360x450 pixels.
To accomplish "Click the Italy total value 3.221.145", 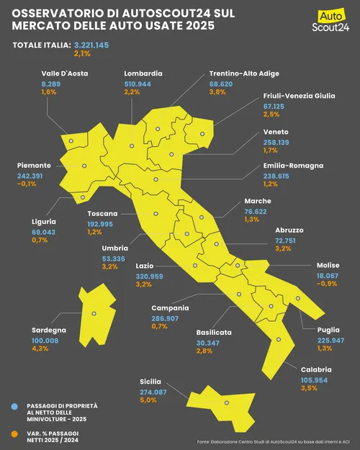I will tap(91, 45).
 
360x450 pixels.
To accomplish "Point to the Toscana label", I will tap(103, 214).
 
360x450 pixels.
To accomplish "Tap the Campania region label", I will tap(170, 308).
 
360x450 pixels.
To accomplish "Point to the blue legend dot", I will tap(14, 407).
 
